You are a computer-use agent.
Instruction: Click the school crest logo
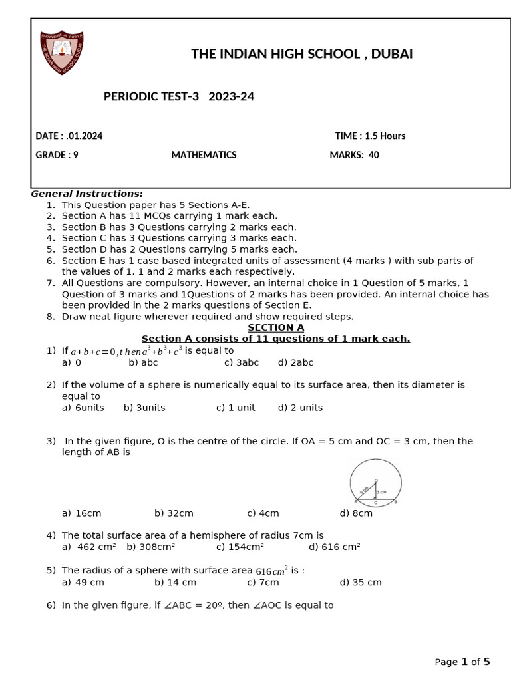click(x=63, y=52)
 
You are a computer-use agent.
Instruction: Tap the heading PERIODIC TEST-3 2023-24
click(x=178, y=97)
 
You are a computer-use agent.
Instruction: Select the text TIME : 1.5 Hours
click(x=370, y=136)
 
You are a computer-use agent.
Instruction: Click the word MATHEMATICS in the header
click(x=204, y=155)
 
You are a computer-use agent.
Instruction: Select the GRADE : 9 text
click(x=57, y=155)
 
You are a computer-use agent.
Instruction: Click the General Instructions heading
click(x=87, y=194)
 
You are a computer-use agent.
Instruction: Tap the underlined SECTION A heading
click(x=275, y=327)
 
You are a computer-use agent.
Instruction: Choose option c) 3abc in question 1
click(x=242, y=362)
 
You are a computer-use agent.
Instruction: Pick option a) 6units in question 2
click(x=83, y=408)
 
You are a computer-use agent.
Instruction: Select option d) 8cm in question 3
click(x=356, y=513)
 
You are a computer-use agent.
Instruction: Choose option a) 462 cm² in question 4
click(x=88, y=547)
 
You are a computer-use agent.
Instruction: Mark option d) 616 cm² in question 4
click(x=334, y=547)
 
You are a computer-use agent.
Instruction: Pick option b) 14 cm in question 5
click(x=175, y=582)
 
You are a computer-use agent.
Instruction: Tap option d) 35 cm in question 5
click(x=361, y=582)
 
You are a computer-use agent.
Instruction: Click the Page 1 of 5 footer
click(x=462, y=662)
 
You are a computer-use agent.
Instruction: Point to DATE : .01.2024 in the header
click(x=69, y=136)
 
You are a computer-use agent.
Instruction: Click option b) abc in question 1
click(x=143, y=362)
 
